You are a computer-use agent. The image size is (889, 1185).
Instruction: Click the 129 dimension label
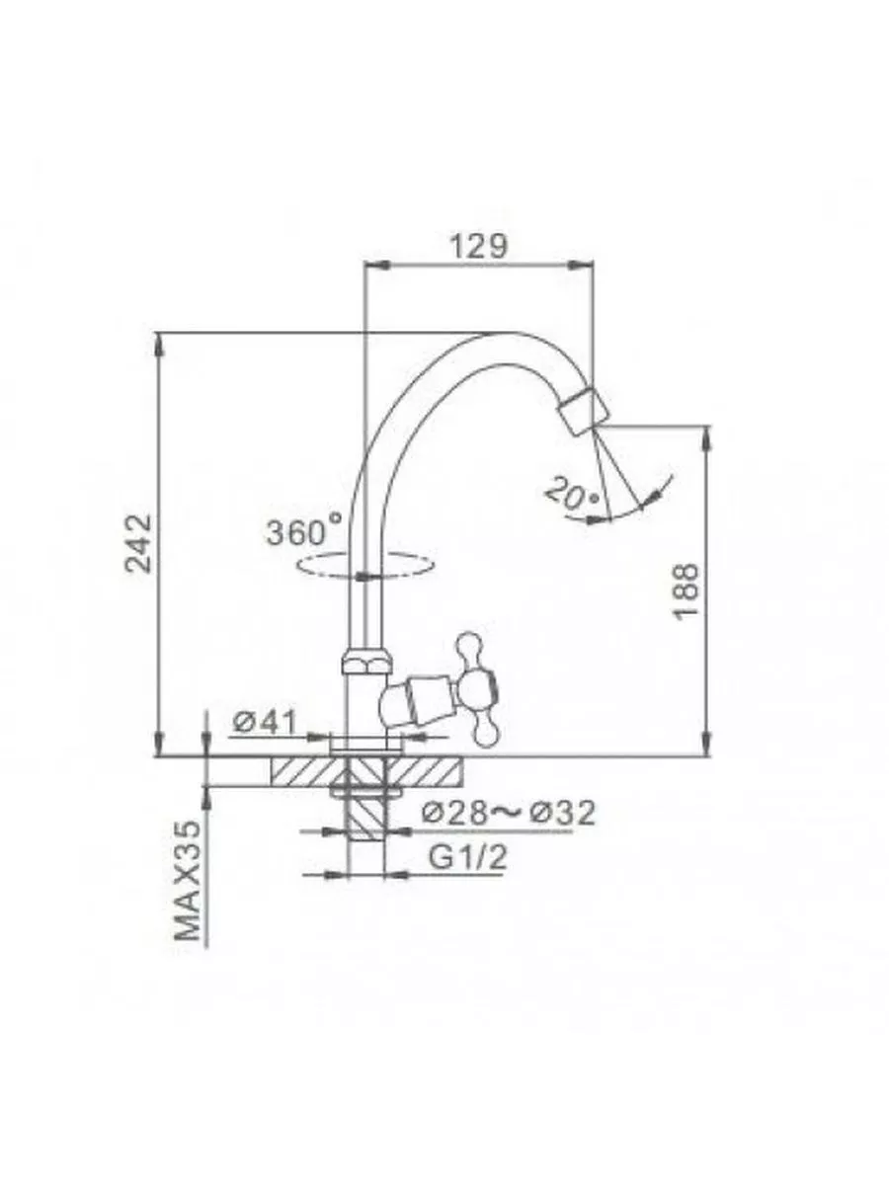click(479, 247)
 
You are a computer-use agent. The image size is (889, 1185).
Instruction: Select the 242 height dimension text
click(139, 543)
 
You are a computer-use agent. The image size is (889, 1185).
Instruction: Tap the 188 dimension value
click(687, 592)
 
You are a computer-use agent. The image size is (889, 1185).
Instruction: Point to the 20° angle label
click(572, 495)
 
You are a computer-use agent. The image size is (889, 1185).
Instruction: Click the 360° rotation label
click(304, 530)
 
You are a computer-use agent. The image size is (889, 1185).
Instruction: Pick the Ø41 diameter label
click(265, 721)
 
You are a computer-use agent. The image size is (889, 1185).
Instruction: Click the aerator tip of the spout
click(583, 409)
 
